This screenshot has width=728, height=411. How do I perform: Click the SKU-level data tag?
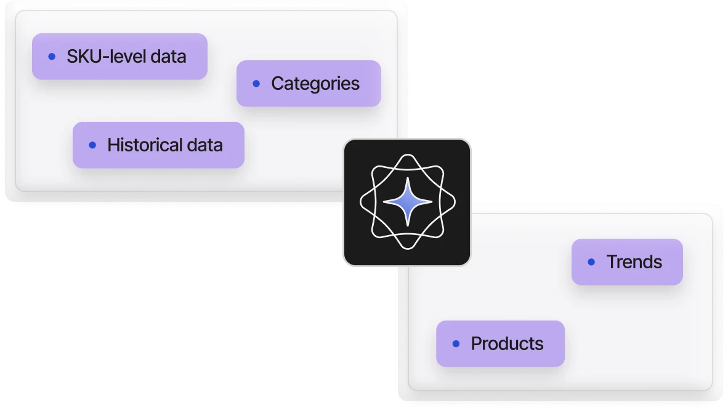pos(119,57)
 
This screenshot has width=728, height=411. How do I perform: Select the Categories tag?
pos(309,84)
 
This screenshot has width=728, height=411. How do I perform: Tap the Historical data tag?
pos(158,145)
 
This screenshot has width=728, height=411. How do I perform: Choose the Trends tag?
pos(627,262)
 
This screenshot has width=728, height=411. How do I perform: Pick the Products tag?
pos(500,343)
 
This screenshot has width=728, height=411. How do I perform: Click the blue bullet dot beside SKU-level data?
pos(52,57)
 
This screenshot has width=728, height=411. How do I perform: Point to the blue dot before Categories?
pos(256,84)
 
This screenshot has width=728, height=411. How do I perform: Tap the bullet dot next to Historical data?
pos(92,145)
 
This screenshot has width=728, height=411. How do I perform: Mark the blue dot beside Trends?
pos(591,262)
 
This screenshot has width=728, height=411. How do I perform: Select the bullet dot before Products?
pos(456,343)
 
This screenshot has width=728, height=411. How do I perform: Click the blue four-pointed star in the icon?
pos(407,201)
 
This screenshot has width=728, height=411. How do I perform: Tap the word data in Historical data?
pos(204,145)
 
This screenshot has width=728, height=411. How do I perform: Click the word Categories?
pos(315,84)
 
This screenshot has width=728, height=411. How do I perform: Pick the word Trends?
pos(634,262)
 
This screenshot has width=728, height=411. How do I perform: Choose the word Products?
pos(507,343)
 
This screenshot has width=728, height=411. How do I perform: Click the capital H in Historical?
pos(113,145)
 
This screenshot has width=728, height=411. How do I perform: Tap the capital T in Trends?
pos(612,262)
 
